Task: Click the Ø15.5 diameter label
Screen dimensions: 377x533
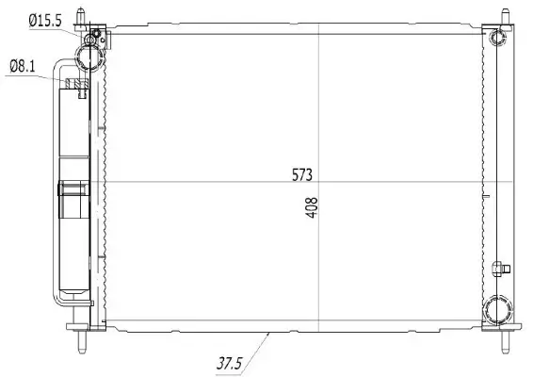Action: pyautogui.click(x=43, y=19)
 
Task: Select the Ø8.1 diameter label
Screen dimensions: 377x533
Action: pyautogui.click(x=24, y=65)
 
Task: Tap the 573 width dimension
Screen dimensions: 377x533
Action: pyautogui.click(x=301, y=174)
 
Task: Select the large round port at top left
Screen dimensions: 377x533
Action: pyautogui.click(x=91, y=57)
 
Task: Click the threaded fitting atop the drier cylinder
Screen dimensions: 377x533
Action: pyautogui.click(x=76, y=88)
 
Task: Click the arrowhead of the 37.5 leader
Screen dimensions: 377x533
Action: pyautogui.click(x=271, y=332)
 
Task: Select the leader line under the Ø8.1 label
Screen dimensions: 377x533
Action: pyautogui.click(x=38, y=79)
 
